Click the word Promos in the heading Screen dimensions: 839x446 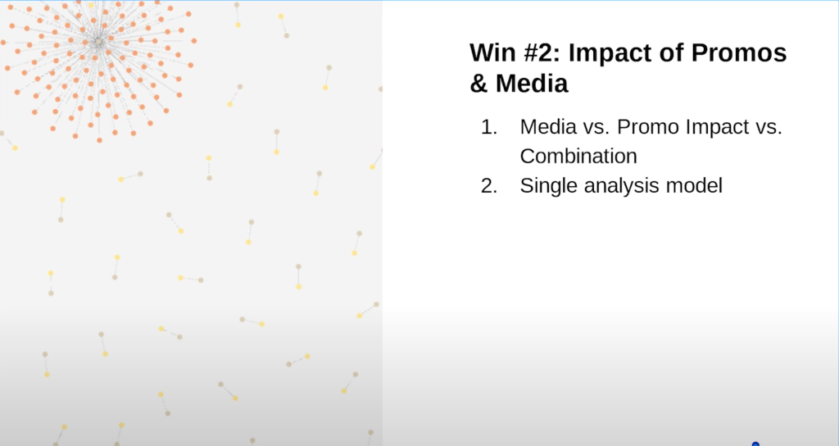coord(739,52)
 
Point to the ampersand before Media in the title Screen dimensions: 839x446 coord(478,84)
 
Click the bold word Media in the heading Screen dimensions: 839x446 coord(532,84)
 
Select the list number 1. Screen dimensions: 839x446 coord(489,127)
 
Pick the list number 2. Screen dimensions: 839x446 coord(489,186)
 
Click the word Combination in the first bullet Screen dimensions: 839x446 coord(578,157)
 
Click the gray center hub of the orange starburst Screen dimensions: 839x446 coord(98,42)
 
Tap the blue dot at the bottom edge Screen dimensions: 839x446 coord(755,444)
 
